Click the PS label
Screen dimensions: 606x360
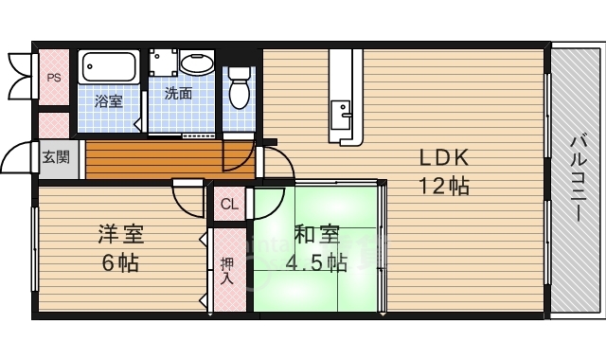[54, 78]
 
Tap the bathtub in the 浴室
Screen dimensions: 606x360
[109, 66]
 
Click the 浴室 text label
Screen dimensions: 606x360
[109, 101]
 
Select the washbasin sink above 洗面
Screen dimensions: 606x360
[197, 63]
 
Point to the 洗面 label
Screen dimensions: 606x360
[178, 93]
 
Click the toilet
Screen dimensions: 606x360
[240, 87]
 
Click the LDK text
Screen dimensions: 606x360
[444, 158]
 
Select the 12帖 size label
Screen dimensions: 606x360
[444, 187]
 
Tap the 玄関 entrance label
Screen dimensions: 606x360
[56, 157]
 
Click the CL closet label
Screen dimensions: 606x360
[229, 204]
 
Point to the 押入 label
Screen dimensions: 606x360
[227, 271]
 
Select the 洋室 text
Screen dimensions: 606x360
[120, 234]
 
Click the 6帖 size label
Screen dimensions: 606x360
[120, 263]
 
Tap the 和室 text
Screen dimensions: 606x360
[317, 234]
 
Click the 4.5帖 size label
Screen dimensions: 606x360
[316, 263]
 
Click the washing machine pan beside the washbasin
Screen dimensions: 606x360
[164, 63]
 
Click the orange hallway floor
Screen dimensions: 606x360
[170, 160]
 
